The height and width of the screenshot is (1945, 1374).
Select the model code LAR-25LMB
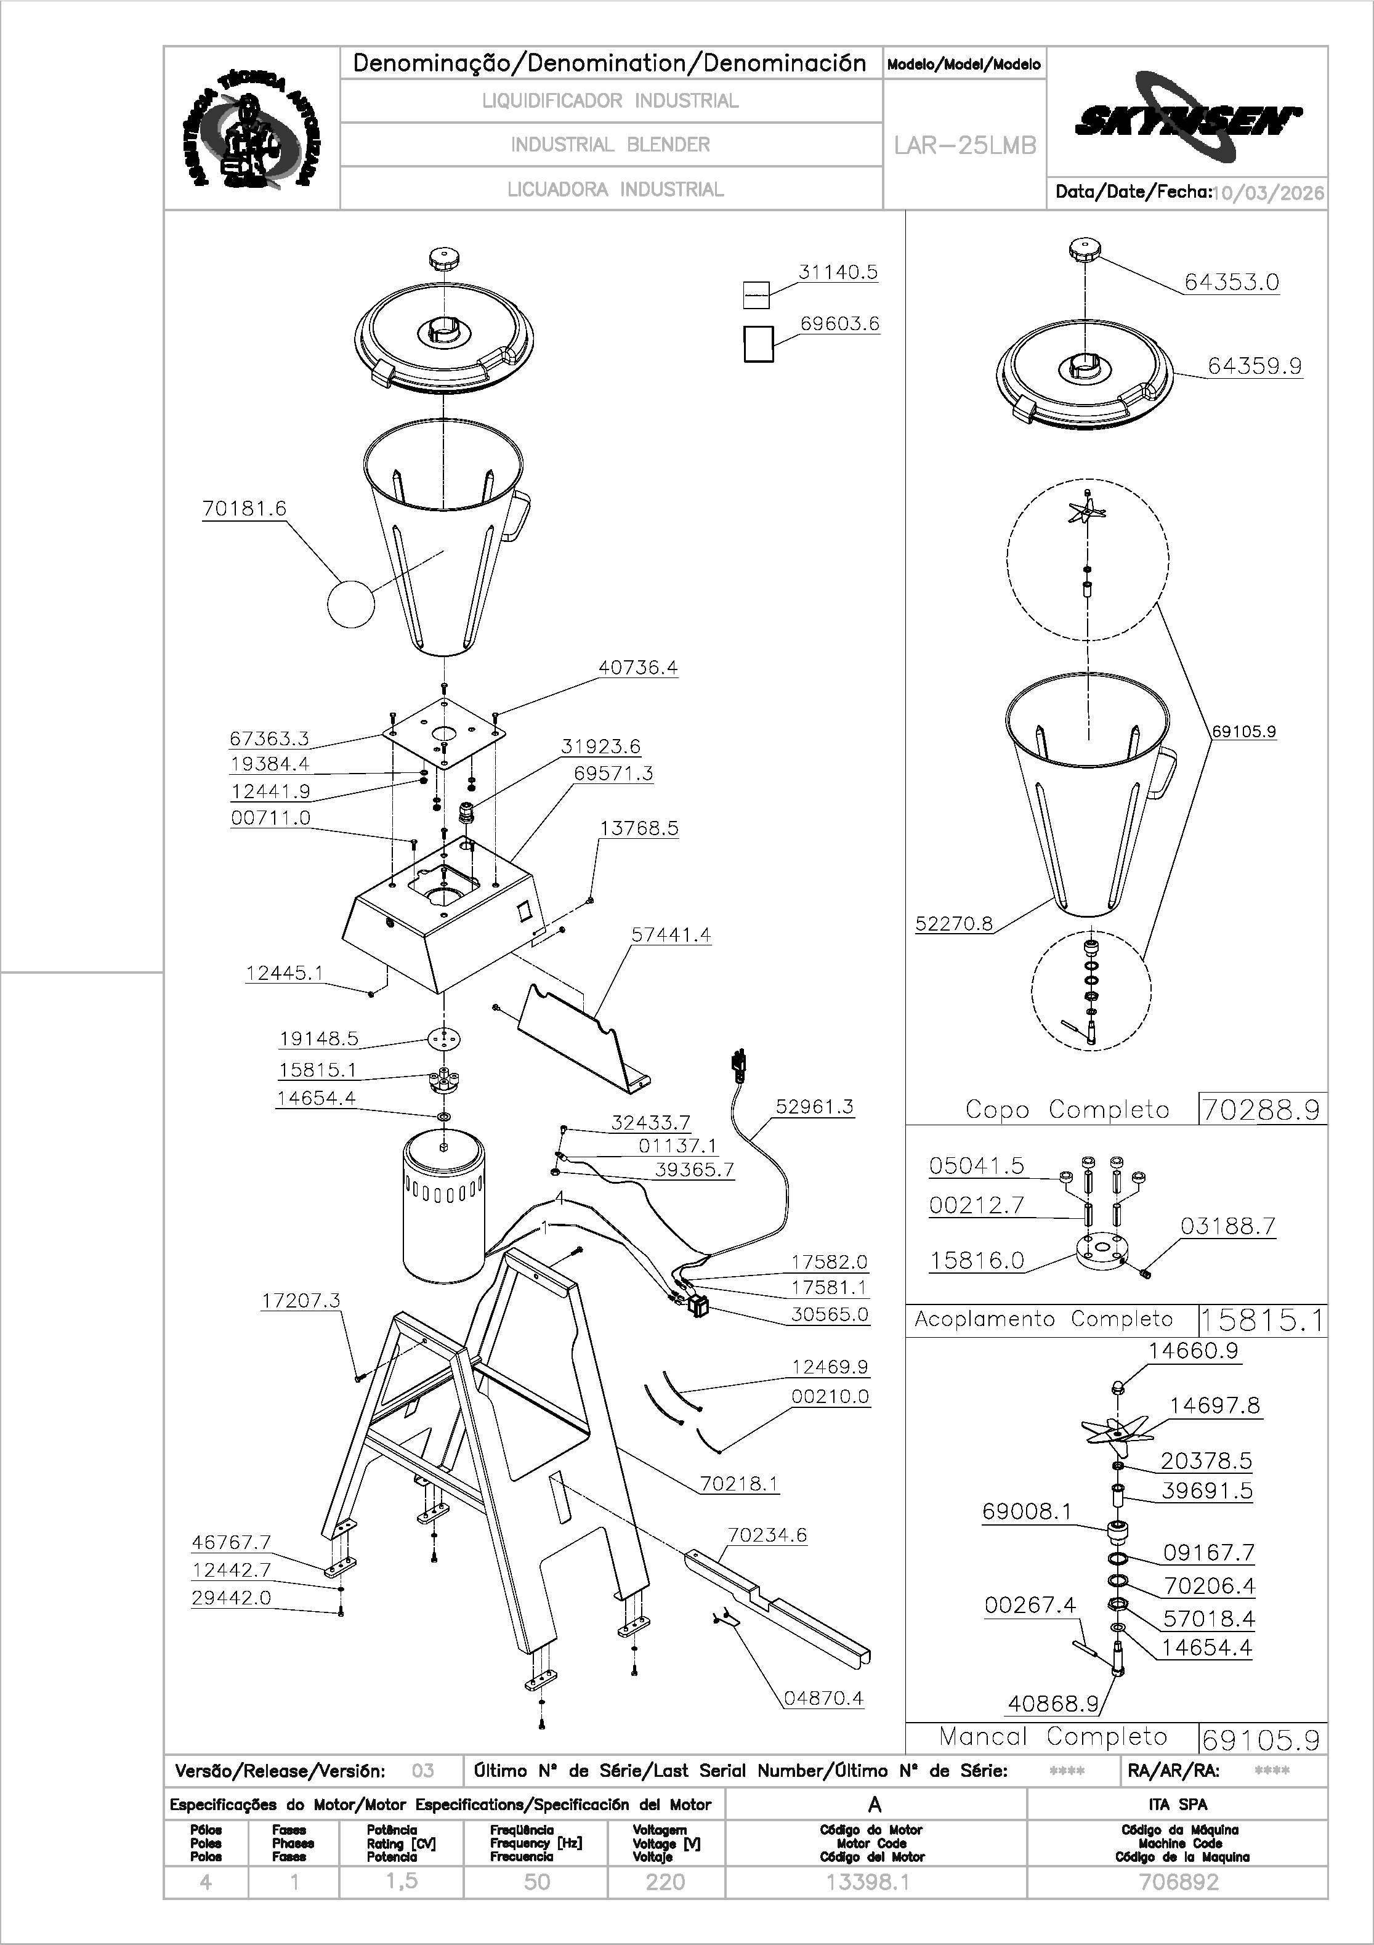(x=965, y=146)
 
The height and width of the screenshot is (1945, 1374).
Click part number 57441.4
(x=671, y=935)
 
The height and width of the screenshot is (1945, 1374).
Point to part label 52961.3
(x=814, y=1107)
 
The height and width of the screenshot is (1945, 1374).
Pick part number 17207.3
(x=301, y=1300)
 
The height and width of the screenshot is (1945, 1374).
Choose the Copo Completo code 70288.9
(x=1261, y=1110)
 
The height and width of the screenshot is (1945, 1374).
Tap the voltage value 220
(x=665, y=1882)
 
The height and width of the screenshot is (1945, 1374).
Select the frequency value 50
(x=536, y=1882)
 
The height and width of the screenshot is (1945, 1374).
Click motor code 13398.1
(x=867, y=1882)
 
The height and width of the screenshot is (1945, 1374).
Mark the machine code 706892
(x=1178, y=1882)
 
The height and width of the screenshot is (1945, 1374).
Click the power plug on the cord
(x=738, y=1066)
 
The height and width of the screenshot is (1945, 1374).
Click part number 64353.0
(x=1231, y=283)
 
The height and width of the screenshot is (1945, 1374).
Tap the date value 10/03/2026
(x=1268, y=193)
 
